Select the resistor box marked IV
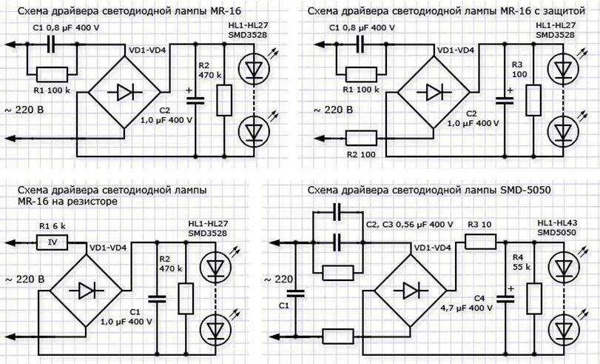52,241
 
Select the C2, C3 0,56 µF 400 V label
409,224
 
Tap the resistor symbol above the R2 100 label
360,137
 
